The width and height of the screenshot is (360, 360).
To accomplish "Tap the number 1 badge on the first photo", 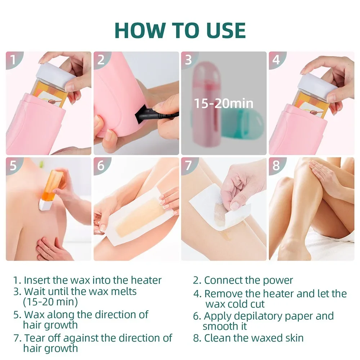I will click(x=13, y=59).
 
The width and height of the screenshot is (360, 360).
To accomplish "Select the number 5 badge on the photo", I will click(x=13, y=166).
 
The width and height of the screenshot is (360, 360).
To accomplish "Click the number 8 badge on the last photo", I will click(x=276, y=166).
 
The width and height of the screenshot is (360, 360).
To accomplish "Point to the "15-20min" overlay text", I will click(x=224, y=103).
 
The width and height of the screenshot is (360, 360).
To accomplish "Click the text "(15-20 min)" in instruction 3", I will click(x=50, y=301).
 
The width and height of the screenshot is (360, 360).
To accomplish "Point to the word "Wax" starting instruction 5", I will click(x=33, y=314).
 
